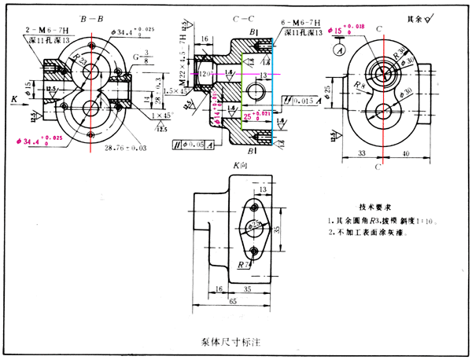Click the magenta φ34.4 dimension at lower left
click(x=34, y=142)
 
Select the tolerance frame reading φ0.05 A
click(x=192, y=145)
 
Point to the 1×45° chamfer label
click(x=159, y=116)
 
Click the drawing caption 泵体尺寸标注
click(x=236, y=343)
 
